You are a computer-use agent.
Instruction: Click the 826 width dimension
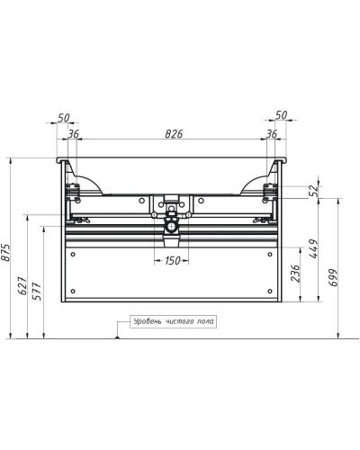[x=174, y=134]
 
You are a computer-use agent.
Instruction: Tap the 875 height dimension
[x=6, y=253]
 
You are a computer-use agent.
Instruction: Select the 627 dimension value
[x=22, y=285]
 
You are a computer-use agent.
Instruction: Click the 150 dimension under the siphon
[x=172, y=260]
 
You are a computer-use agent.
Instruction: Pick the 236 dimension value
[x=296, y=274]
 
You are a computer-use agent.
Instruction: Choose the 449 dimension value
[x=313, y=248]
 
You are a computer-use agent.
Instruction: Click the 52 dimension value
[x=313, y=191]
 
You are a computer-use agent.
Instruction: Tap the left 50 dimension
[x=64, y=118]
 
